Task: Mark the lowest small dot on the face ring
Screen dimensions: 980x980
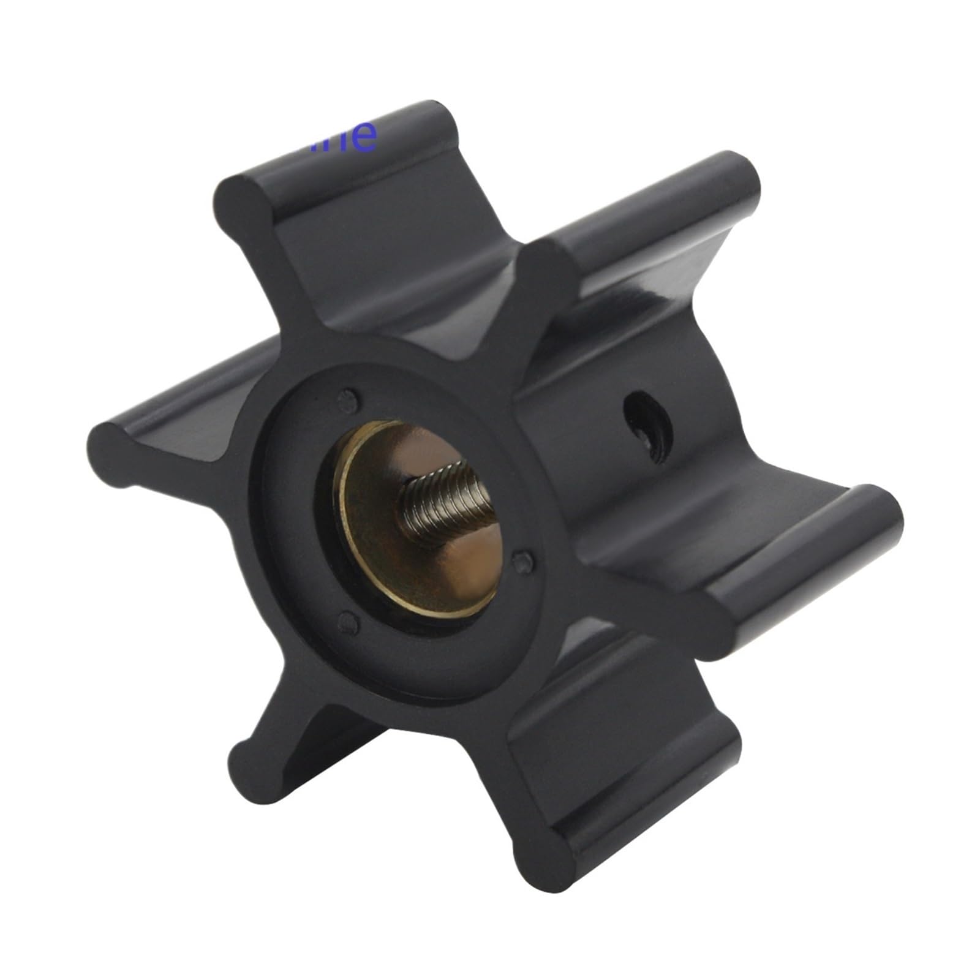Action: coord(348,624)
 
